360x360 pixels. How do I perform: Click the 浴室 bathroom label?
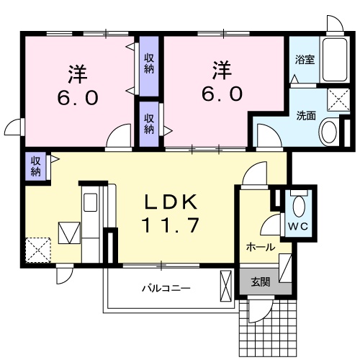[305, 60]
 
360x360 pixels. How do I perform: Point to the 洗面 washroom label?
[306, 115]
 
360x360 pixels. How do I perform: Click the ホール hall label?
[260, 247]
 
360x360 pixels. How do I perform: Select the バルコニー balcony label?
[165, 288]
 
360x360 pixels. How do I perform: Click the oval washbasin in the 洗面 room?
[328, 132]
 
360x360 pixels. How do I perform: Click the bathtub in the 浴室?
[336, 60]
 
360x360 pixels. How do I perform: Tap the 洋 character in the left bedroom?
[78, 72]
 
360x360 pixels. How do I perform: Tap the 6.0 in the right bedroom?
[221, 94]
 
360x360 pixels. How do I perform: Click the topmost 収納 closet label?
[149, 63]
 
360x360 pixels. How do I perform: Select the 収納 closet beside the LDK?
[35, 167]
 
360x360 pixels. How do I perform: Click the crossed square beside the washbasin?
[338, 99]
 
